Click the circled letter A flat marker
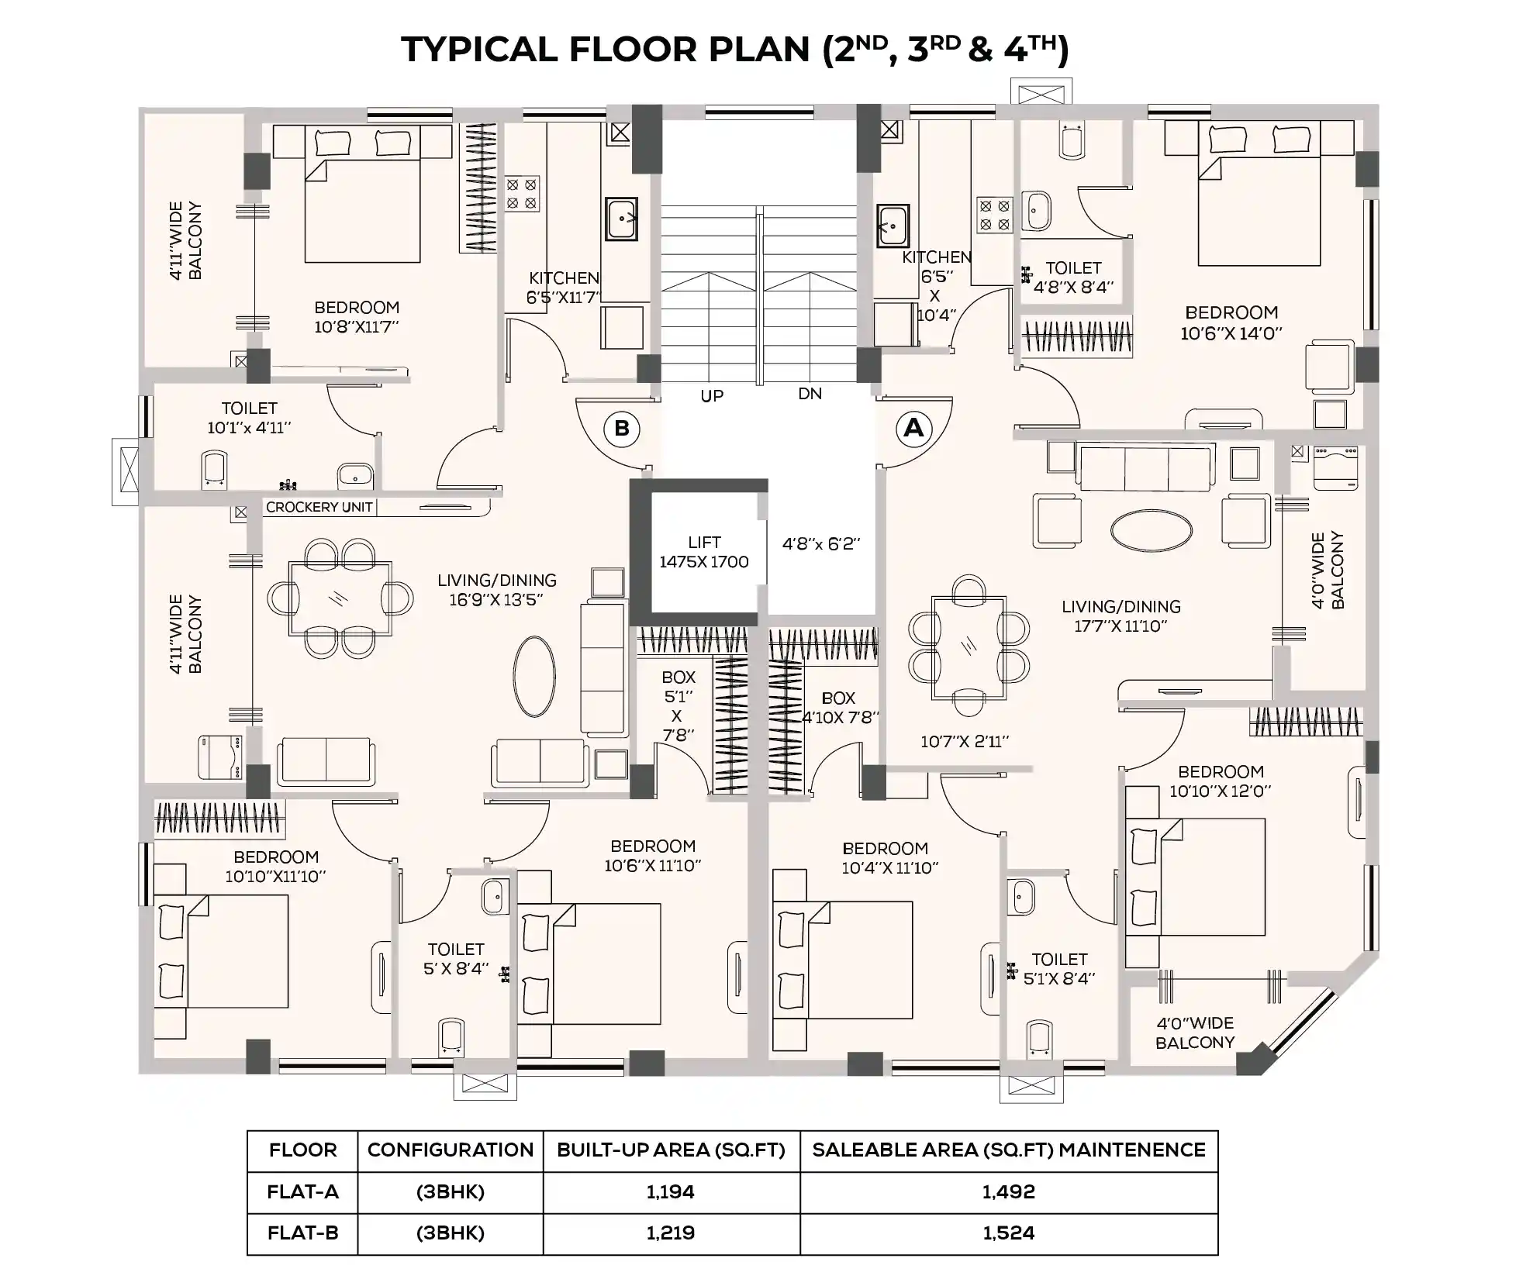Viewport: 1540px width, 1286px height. tap(913, 428)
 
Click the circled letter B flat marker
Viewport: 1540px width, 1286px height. tap(622, 429)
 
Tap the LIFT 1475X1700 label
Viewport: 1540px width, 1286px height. tap(704, 553)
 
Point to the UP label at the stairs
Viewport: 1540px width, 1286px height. tap(712, 396)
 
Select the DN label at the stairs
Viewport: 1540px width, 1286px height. tap(810, 394)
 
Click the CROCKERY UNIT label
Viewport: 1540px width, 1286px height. tap(319, 507)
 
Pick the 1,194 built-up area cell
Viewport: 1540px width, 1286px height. tap(671, 1191)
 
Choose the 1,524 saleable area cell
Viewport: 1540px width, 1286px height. tap(1008, 1233)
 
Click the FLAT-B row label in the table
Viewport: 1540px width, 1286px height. tap(302, 1233)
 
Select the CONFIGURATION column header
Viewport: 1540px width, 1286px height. tap(450, 1150)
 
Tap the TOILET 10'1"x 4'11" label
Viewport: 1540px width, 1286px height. tap(249, 418)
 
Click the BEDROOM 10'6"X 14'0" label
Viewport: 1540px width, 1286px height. tap(1231, 322)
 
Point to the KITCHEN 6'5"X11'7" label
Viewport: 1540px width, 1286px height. tap(564, 288)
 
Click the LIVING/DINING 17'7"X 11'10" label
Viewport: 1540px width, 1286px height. tap(1121, 616)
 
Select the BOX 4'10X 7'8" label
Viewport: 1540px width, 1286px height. tap(839, 708)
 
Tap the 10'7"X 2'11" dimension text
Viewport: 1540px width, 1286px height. tap(965, 742)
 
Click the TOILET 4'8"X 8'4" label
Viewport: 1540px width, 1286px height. tap(1073, 278)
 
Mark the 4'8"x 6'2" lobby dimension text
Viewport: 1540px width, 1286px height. tap(821, 544)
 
